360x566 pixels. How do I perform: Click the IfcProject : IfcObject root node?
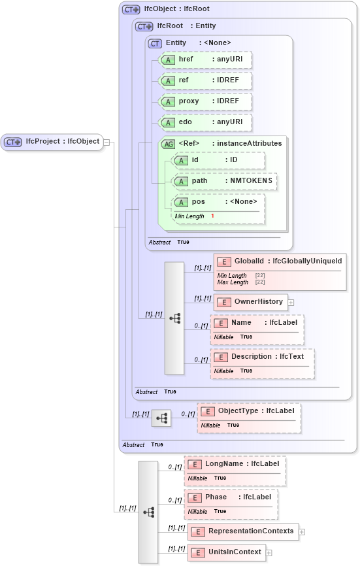(x=52, y=142)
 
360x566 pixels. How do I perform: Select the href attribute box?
(x=205, y=59)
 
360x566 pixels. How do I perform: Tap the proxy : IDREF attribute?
(x=205, y=102)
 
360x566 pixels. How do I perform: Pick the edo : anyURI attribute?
(x=205, y=123)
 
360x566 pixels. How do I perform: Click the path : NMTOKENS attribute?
(x=225, y=181)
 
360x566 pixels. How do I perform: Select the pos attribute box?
(x=218, y=202)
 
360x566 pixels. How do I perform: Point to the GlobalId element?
(x=280, y=262)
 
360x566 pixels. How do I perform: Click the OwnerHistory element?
(x=251, y=302)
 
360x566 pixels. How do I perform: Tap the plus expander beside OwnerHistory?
(x=291, y=303)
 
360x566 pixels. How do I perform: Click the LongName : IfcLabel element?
(x=235, y=464)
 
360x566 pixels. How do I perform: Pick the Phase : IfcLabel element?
(x=231, y=497)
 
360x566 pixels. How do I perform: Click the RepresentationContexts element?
(x=242, y=531)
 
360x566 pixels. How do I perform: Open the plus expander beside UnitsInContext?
(x=269, y=553)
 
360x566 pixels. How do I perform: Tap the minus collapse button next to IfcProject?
(x=106, y=142)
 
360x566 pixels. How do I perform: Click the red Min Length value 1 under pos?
(x=212, y=216)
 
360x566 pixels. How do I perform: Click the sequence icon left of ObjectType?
(x=161, y=417)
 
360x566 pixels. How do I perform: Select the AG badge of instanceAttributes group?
(x=168, y=144)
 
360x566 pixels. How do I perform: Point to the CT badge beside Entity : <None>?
(x=155, y=44)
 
